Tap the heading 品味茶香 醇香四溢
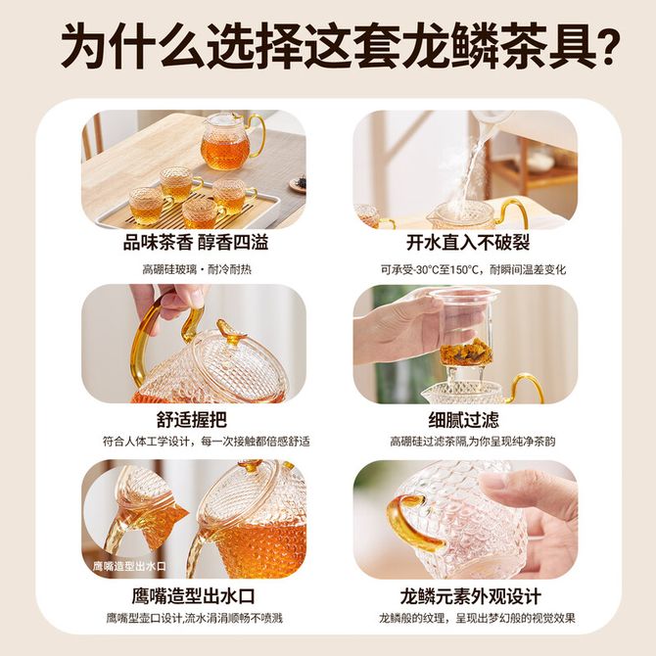(196, 242)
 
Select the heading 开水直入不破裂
(468, 242)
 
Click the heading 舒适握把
(192, 419)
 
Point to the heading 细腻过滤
(464, 419)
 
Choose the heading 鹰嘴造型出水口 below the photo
(193, 596)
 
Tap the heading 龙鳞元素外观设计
(471, 596)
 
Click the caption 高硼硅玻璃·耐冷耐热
(197, 269)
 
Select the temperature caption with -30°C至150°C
(473, 269)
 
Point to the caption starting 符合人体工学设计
(207, 442)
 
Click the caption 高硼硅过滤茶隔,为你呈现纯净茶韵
(473, 442)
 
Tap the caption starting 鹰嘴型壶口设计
(195, 618)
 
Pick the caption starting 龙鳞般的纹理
(477, 618)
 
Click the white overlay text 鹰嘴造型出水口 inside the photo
(129, 566)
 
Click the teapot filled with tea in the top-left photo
(230, 142)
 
